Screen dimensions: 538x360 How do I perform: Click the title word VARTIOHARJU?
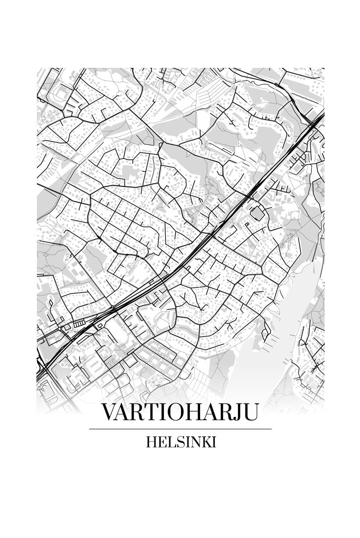point(180,412)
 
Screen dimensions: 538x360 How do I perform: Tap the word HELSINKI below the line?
point(180,442)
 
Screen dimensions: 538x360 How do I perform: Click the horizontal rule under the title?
point(180,429)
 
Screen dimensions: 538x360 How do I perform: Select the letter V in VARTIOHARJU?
point(108,412)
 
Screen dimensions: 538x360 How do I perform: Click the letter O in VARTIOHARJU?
point(176,412)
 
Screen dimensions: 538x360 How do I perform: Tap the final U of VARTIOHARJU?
point(250,412)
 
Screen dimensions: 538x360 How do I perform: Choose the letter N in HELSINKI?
point(194,442)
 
